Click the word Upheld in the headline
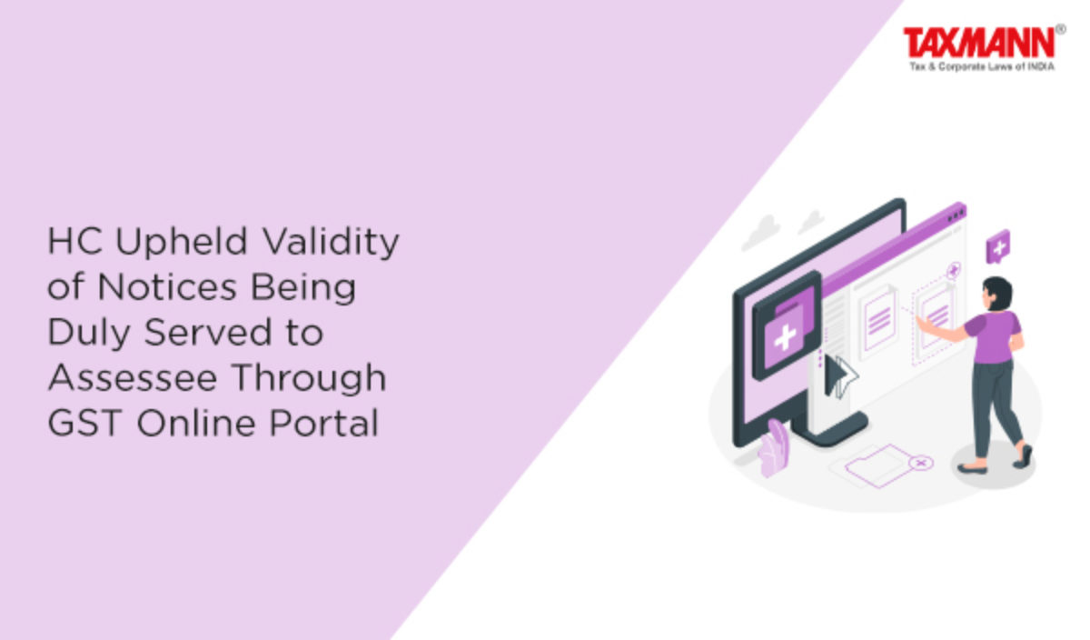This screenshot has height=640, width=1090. (182, 242)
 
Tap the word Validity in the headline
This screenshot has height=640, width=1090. (331, 242)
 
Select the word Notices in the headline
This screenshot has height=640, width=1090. (167, 287)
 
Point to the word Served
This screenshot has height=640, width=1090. (207, 332)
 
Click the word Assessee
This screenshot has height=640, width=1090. (133, 377)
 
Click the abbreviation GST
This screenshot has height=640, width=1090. (84, 423)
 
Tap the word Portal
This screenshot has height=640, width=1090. (323, 423)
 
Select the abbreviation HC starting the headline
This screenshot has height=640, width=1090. (74, 242)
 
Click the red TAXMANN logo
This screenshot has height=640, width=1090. (978, 43)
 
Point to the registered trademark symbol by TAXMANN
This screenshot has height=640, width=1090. (1060, 29)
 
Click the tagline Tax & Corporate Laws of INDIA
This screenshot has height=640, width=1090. (982, 66)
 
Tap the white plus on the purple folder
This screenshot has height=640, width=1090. (784, 337)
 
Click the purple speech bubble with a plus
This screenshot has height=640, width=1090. (997, 247)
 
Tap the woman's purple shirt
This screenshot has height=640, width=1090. (994, 336)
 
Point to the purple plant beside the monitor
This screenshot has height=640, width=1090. (773, 448)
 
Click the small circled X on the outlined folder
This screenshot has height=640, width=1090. (921, 463)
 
